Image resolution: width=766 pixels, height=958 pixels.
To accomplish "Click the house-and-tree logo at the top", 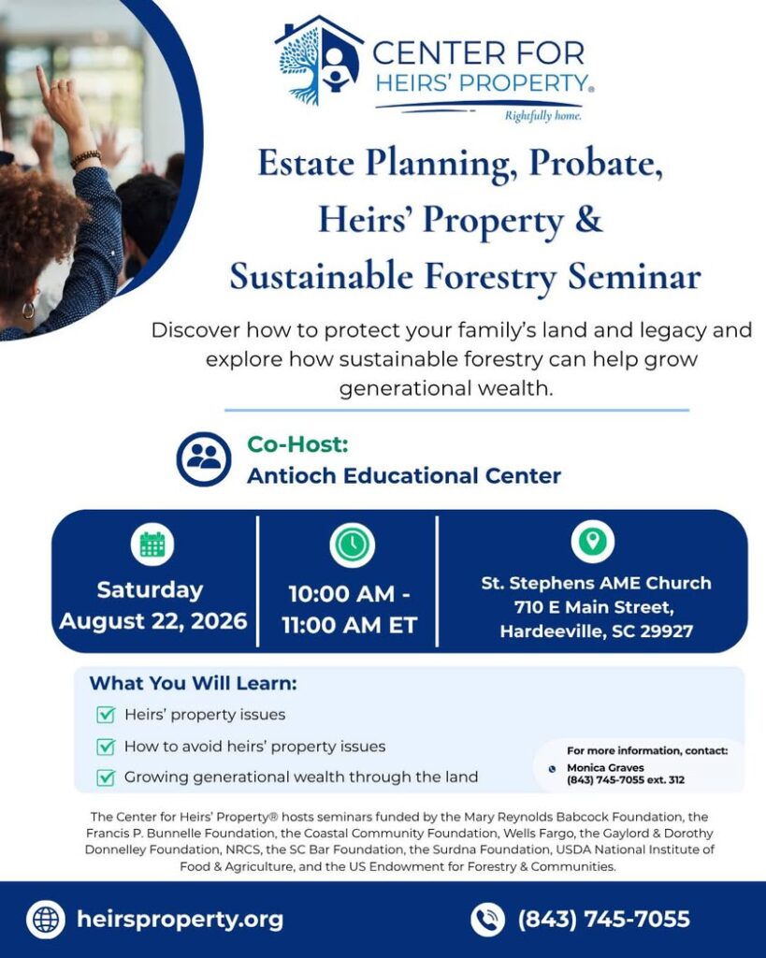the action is tap(319, 61).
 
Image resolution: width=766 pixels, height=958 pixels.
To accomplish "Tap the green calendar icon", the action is tap(152, 544).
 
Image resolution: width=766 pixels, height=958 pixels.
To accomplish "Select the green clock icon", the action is tap(352, 544).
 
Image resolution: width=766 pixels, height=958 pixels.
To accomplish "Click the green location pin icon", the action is tap(593, 542).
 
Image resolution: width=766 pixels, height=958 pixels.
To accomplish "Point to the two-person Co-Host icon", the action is tap(204, 459).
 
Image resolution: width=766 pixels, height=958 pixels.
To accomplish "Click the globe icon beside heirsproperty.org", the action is tap(46, 920).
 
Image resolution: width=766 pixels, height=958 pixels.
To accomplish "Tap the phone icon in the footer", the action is tap(487, 920).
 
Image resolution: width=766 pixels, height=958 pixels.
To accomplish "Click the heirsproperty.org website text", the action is tap(181, 920).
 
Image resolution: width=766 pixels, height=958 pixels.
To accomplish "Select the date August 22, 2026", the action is tap(153, 621).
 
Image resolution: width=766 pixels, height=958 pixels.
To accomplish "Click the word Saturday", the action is tap(151, 589).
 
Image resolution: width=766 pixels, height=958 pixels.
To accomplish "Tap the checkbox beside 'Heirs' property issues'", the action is tap(106, 714).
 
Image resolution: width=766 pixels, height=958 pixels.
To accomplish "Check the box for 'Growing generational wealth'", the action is tap(106, 777).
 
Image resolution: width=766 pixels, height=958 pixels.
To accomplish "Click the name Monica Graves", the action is tap(605, 767).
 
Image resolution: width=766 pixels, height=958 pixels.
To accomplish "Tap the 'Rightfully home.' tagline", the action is tap(543, 116).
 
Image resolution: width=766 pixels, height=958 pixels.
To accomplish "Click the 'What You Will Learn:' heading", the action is tap(193, 683).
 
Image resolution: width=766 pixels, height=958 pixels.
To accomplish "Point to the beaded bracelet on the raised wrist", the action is tap(85, 159).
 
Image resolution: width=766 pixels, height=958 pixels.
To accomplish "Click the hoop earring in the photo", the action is tap(28, 310).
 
